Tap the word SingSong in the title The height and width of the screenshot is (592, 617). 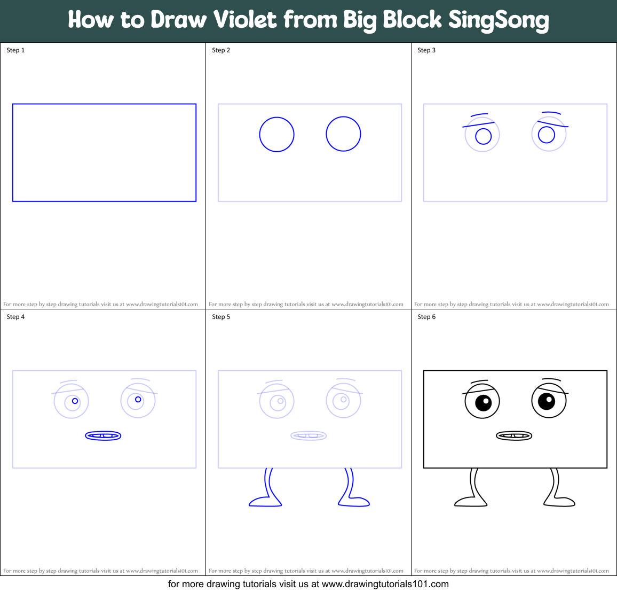(x=498, y=20)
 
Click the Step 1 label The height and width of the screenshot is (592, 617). (x=15, y=50)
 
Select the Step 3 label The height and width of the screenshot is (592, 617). (x=426, y=50)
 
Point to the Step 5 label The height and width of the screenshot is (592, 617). (x=221, y=317)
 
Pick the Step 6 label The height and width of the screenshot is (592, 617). (x=426, y=317)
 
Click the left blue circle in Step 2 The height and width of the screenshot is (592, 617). (x=276, y=134)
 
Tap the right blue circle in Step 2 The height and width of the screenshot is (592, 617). (x=343, y=134)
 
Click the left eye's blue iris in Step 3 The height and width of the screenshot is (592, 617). (x=483, y=136)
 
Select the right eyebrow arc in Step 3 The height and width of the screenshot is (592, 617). (x=551, y=113)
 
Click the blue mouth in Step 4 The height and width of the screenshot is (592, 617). (x=103, y=436)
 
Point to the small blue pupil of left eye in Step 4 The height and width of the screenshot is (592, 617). (x=75, y=401)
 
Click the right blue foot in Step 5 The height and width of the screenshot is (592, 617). (x=354, y=501)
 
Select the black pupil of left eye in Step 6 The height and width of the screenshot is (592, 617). (x=483, y=402)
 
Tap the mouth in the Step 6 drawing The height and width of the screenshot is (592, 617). (x=514, y=436)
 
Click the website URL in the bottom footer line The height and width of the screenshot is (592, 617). (x=385, y=584)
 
